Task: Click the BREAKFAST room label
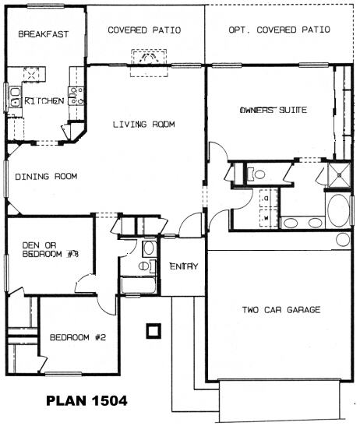(44, 34)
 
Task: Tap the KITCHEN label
(44, 101)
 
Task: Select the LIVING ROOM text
(144, 125)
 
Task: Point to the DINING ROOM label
(46, 177)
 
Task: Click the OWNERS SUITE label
(274, 110)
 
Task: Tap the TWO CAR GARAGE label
(281, 310)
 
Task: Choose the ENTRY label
(184, 266)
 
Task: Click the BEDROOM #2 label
(78, 337)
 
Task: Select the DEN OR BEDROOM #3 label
(51, 250)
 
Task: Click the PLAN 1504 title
(86, 401)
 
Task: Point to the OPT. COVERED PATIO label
(279, 30)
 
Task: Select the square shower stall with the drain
(339, 175)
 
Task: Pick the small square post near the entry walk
(154, 330)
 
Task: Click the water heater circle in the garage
(343, 239)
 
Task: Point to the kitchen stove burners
(76, 96)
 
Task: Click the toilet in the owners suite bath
(256, 174)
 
